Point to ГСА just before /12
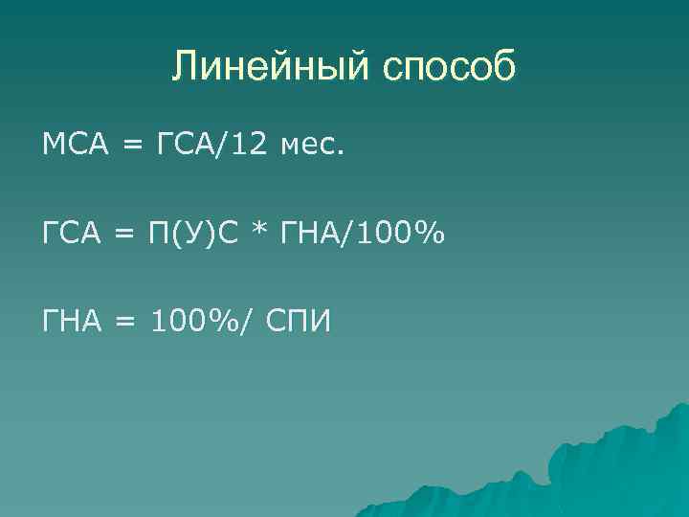[x=185, y=146]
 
